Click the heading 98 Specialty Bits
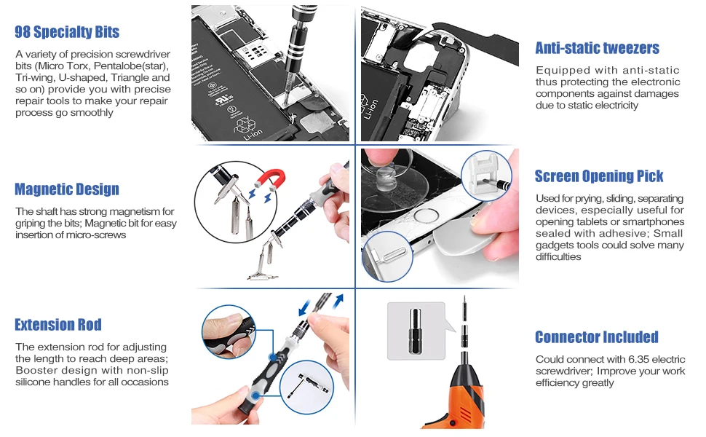[67, 32]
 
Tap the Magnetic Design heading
[67, 189]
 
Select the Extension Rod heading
[58, 324]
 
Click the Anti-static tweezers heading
[597, 48]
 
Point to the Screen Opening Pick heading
[599, 176]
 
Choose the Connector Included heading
[597, 337]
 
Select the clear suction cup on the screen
[392, 180]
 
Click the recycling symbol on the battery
[245, 125]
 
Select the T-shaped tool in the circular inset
[308, 386]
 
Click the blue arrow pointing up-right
[338, 301]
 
